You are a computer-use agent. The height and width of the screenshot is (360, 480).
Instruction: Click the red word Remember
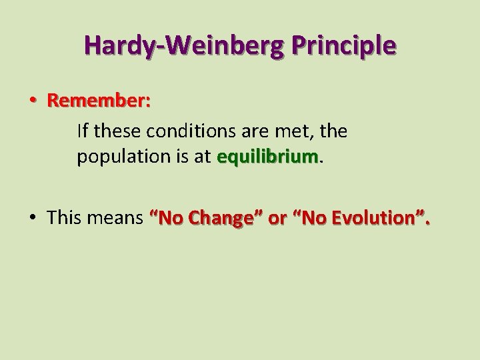[99, 101]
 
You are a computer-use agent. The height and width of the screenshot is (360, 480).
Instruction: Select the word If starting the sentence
[82, 130]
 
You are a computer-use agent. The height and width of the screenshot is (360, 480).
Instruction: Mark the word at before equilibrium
[201, 157]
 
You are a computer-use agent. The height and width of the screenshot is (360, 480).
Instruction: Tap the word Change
[216, 219]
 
